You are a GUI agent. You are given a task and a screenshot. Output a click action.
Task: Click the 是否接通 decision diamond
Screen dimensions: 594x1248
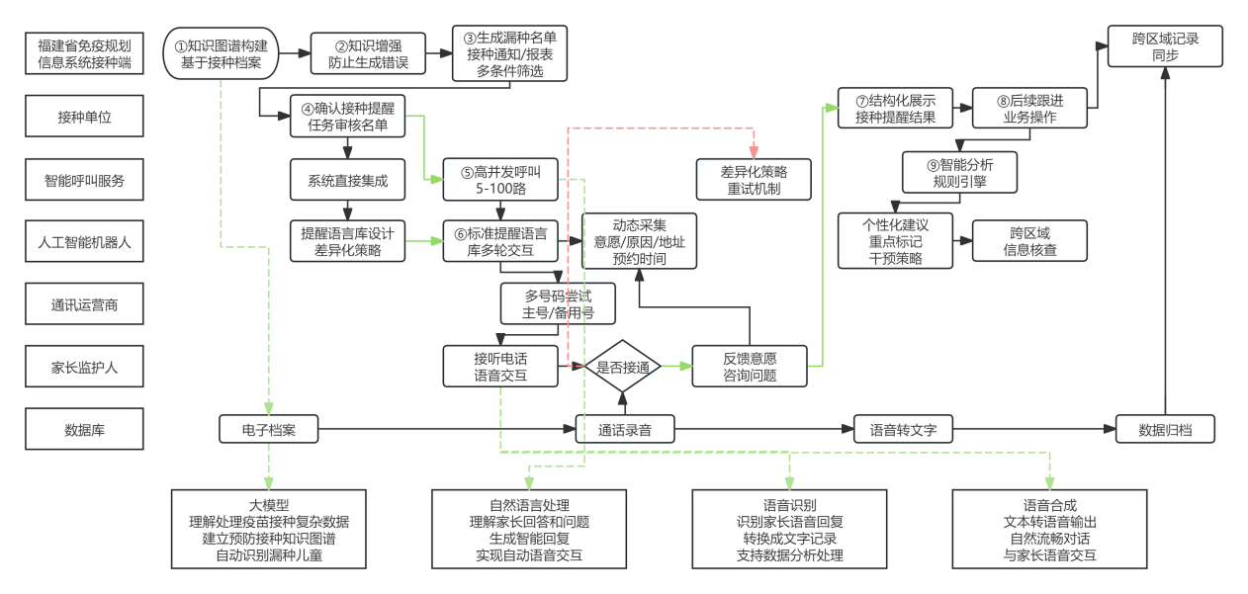(x=623, y=367)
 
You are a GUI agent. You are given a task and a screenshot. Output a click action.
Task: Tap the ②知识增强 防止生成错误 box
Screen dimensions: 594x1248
(x=368, y=53)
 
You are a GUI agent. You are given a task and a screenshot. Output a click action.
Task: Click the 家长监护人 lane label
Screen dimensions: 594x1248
(x=85, y=368)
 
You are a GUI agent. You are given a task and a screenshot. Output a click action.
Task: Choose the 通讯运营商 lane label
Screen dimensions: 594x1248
(x=85, y=304)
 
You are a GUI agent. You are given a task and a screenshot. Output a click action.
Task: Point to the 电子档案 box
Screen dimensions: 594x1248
(x=268, y=430)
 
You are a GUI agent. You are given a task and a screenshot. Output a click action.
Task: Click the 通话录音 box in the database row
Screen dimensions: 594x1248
(x=624, y=430)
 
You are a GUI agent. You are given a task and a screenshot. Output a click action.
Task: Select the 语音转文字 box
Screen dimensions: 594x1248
(x=896, y=430)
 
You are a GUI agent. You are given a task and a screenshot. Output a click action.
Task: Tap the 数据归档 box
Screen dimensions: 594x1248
(x=1165, y=430)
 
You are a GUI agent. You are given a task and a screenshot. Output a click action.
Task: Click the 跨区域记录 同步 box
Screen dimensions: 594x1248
(x=1165, y=46)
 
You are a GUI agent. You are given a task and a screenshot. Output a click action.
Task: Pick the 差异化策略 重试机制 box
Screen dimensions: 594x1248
(x=754, y=179)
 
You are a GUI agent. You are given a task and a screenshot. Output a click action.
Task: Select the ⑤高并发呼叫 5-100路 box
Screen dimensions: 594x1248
(x=500, y=179)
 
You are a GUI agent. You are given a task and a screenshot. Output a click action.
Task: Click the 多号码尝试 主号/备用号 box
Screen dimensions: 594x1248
(x=559, y=304)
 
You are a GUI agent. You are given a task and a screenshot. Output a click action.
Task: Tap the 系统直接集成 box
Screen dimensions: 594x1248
(x=348, y=180)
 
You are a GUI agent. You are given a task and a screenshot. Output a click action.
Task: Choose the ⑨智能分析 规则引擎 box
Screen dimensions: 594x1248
(x=961, y=172)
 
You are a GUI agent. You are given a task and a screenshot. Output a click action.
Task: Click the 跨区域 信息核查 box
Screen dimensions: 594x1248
(x=1029, y=242)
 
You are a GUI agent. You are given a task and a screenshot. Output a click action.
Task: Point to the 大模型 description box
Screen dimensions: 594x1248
(x=268, y=529)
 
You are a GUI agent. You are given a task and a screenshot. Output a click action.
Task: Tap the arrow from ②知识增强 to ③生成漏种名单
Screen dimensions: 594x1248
(x=439, y=53)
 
